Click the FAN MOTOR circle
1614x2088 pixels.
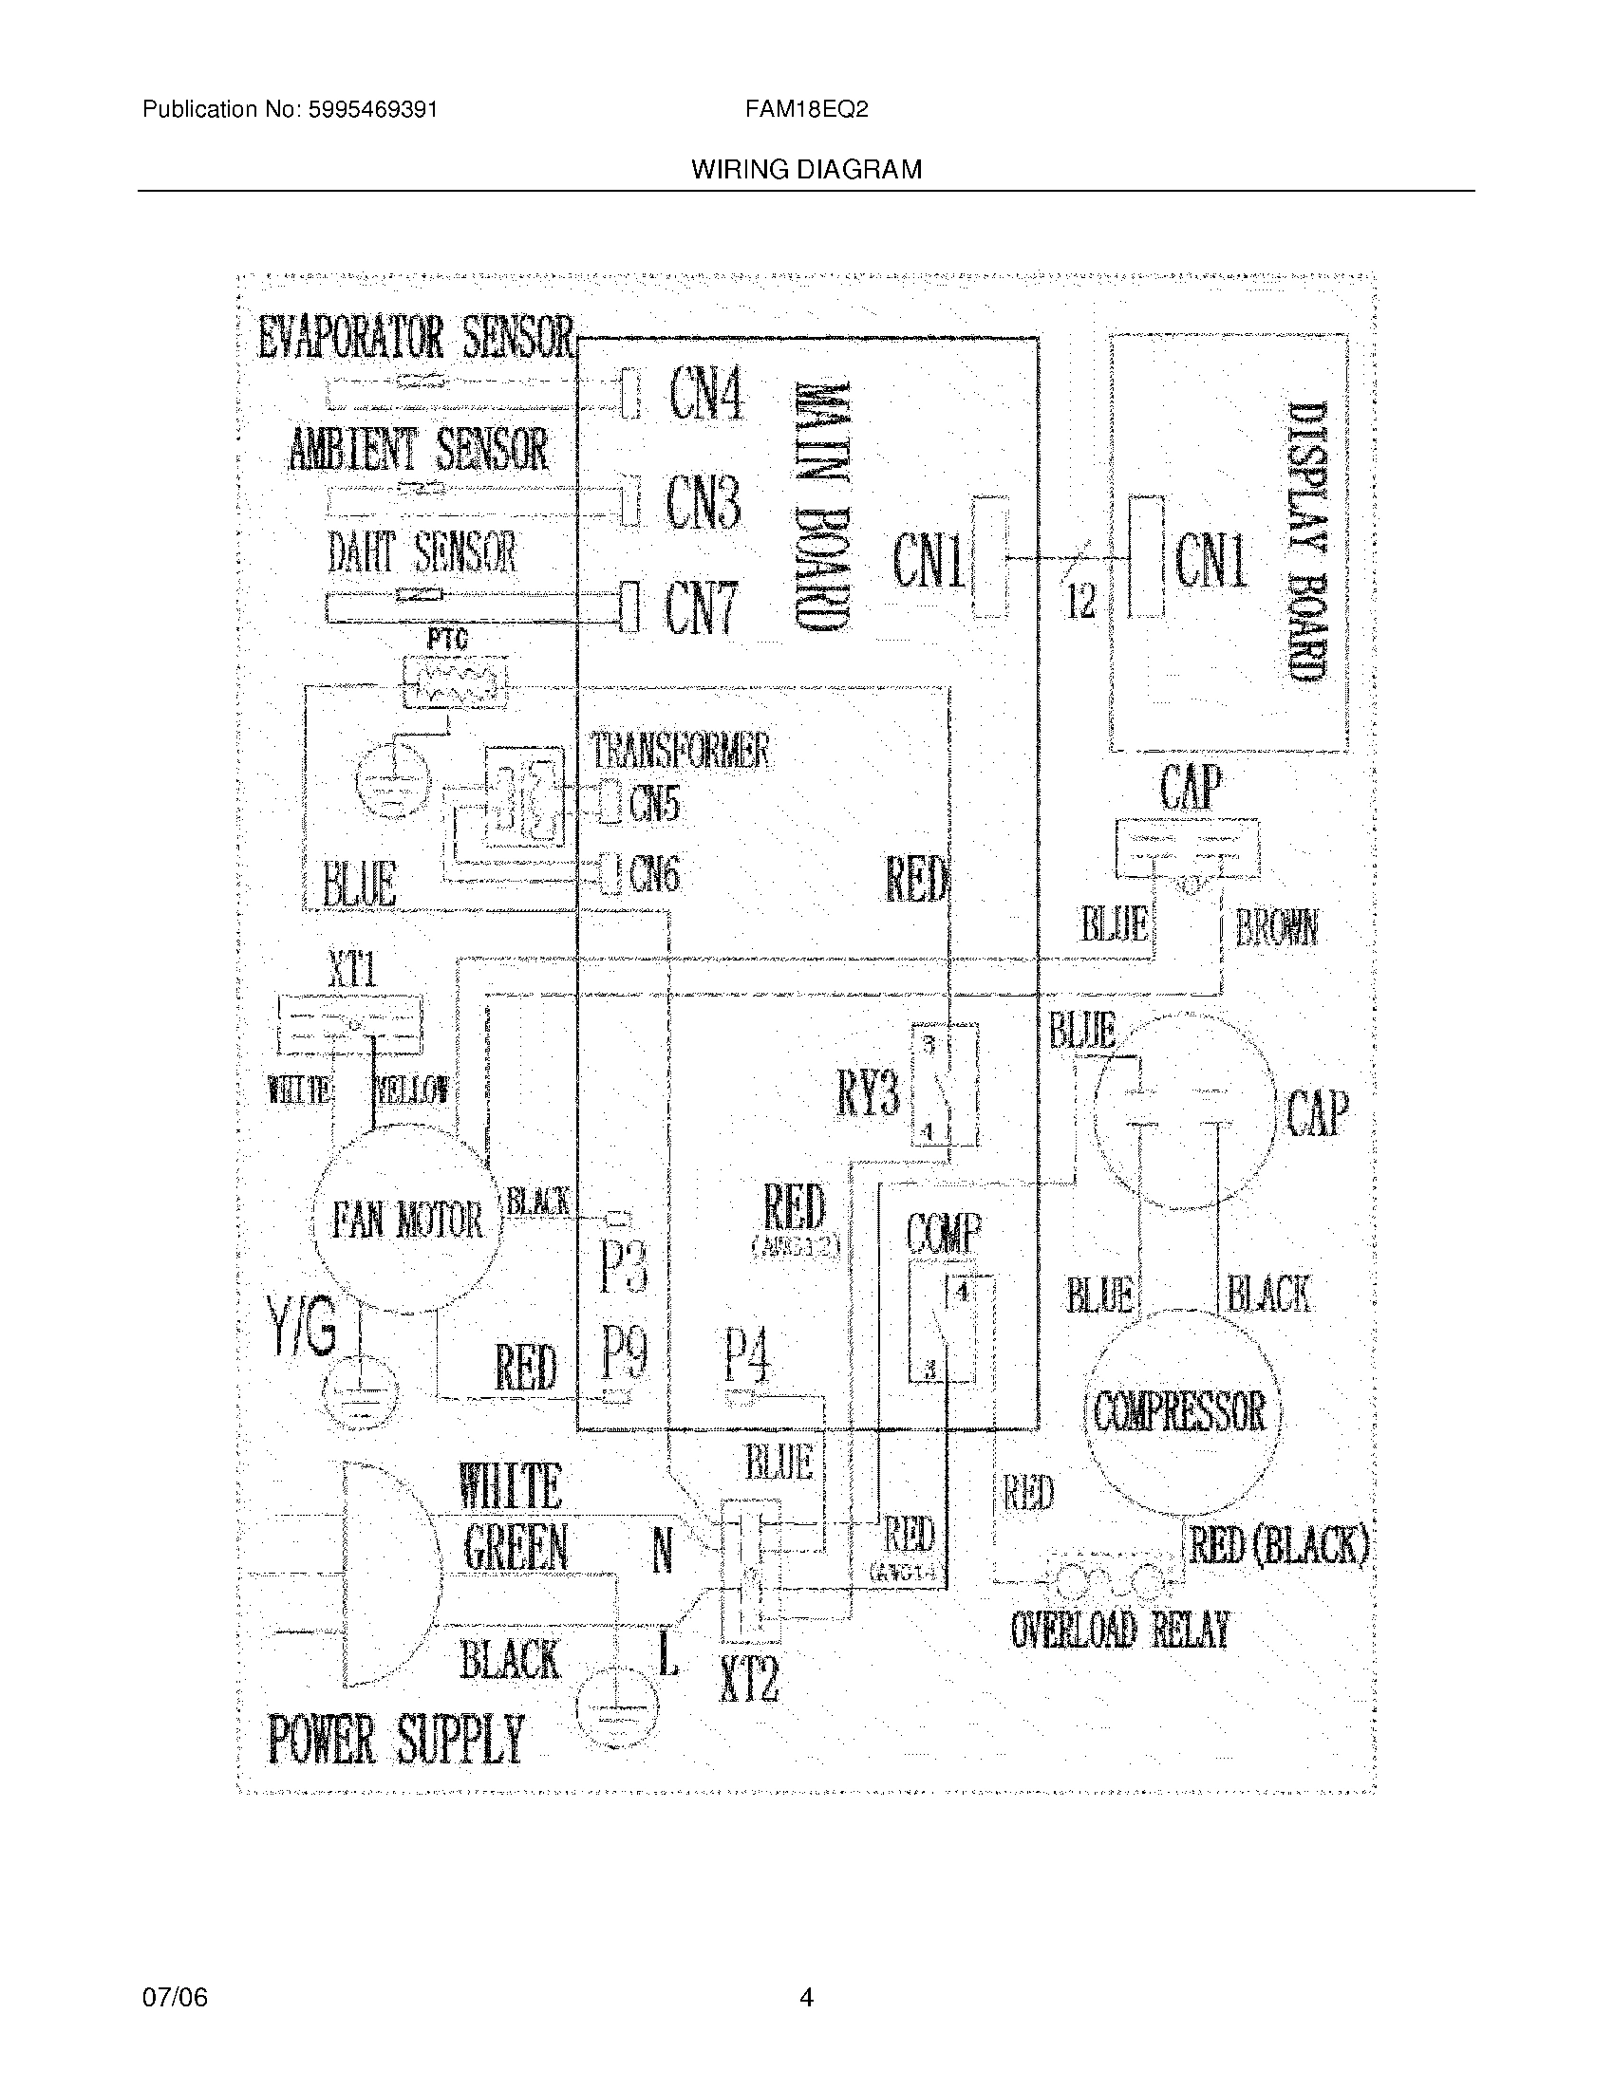click(x=407, y=1221)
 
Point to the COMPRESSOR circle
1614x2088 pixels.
click(x=1180, y=1411)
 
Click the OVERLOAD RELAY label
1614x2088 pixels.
click(x=1118, y=1629)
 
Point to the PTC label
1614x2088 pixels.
click(x=446, y=639)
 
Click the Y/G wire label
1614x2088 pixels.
click(x=303, y=1329)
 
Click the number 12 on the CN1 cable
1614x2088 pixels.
click(x=1081, y=602)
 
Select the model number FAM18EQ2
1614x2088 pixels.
click(x=806, y=109)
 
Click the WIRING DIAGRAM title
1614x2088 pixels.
click(x=806, y=170)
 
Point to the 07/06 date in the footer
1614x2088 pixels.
click(x=174, y=1997)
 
